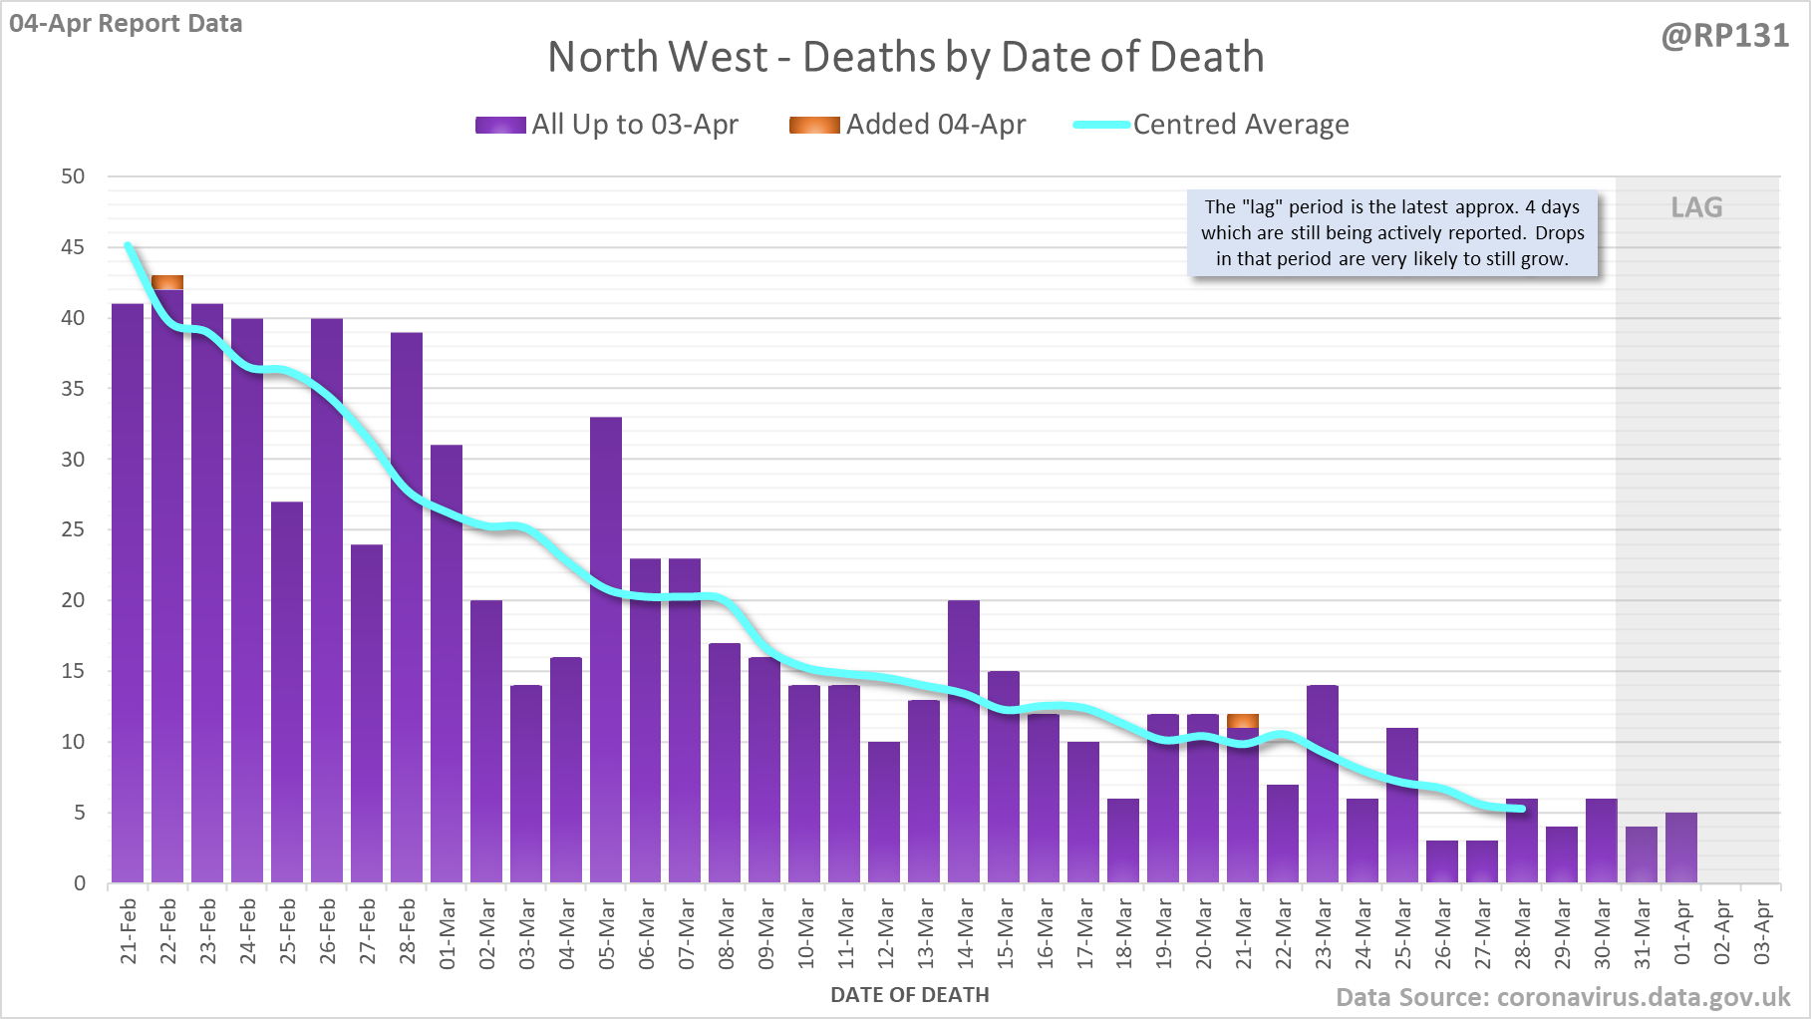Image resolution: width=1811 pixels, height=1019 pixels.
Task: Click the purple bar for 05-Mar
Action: coord(606,648)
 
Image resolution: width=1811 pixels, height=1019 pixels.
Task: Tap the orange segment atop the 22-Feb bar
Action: coord(167,282)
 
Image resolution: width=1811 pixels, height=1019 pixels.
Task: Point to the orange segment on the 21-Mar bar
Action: coord(1243,721)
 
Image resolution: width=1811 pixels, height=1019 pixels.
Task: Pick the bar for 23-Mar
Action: coord(1323,783)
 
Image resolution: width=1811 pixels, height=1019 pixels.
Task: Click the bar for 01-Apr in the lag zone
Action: coord(1681,848)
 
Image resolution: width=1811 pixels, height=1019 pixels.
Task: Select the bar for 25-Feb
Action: coord(287,692)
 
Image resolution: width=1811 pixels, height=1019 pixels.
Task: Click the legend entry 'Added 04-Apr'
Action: coord(907,125)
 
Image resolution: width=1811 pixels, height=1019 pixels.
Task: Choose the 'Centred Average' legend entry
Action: coord(1211,125)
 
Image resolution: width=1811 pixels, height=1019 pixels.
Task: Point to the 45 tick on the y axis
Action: coord(73,247)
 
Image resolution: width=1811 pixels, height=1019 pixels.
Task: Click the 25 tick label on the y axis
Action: coord(73,529)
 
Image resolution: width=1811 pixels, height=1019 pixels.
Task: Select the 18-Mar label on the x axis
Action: coord(1124,933)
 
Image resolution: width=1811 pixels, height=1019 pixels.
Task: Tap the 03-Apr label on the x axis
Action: coord(1762,933)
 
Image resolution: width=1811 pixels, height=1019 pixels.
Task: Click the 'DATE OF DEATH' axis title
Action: coord(909,995)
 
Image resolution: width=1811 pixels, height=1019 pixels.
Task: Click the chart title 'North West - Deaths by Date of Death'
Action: coord(905,57)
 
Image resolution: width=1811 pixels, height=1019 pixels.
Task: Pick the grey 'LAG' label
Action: coord(1696,207)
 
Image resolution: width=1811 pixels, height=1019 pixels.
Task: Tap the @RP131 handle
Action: coord(1724,36)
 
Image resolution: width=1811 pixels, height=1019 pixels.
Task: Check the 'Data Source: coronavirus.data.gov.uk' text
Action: coord(1563,997)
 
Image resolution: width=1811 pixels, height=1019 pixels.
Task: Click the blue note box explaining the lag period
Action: coord(1392,233)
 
